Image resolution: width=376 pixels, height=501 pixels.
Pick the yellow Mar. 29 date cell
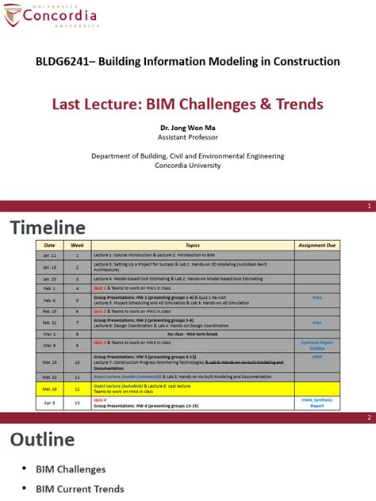[49, 389]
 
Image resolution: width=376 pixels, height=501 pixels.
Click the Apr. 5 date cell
[49, 403]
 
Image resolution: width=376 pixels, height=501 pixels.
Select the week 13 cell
[78, 403]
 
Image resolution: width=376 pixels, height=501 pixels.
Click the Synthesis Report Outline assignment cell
[317, 345]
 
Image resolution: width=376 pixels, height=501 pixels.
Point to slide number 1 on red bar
[369, 206]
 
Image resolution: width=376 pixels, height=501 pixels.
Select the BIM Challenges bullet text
[71, 470]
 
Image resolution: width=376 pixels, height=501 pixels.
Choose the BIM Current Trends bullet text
[80, 490]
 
